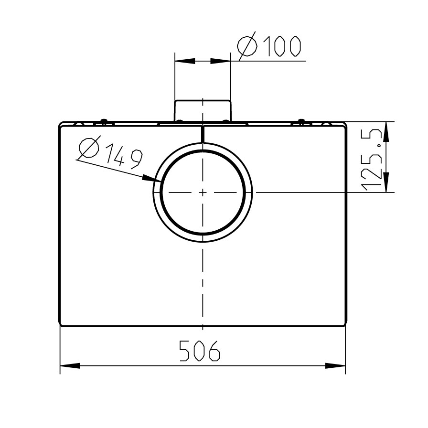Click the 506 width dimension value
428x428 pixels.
[200, 351]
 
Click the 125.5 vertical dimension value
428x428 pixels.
[371, 160]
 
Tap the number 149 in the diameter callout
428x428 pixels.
[124, 157]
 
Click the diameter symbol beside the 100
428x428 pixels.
[247, 46]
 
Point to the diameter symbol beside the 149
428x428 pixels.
[89, 148]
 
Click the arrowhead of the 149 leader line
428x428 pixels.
[152, 179]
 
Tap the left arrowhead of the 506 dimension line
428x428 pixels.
[70, 366]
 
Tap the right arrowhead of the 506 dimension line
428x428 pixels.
[335, 366]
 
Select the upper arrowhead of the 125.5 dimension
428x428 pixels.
[386, 131]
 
